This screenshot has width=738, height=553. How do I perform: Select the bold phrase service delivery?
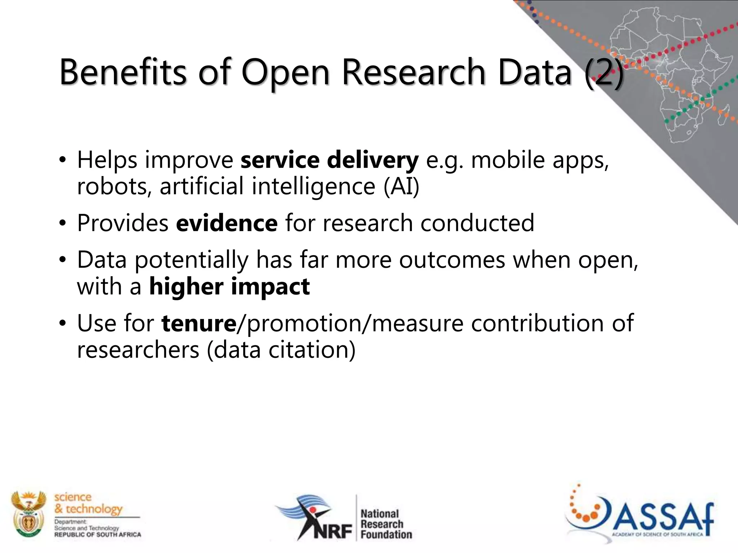point(329,160)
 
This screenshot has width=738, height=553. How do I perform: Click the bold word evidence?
point(227,223)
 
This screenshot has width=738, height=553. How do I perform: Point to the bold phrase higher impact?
point(229,287)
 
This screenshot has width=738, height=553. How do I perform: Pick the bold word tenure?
point(199,323)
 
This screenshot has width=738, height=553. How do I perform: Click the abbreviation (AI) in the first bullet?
point(401,186)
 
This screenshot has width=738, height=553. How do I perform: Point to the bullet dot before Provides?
point(63,224)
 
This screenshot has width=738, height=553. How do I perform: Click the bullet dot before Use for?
point(63,323)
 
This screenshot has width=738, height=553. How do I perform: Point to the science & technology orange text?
point(88,503)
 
